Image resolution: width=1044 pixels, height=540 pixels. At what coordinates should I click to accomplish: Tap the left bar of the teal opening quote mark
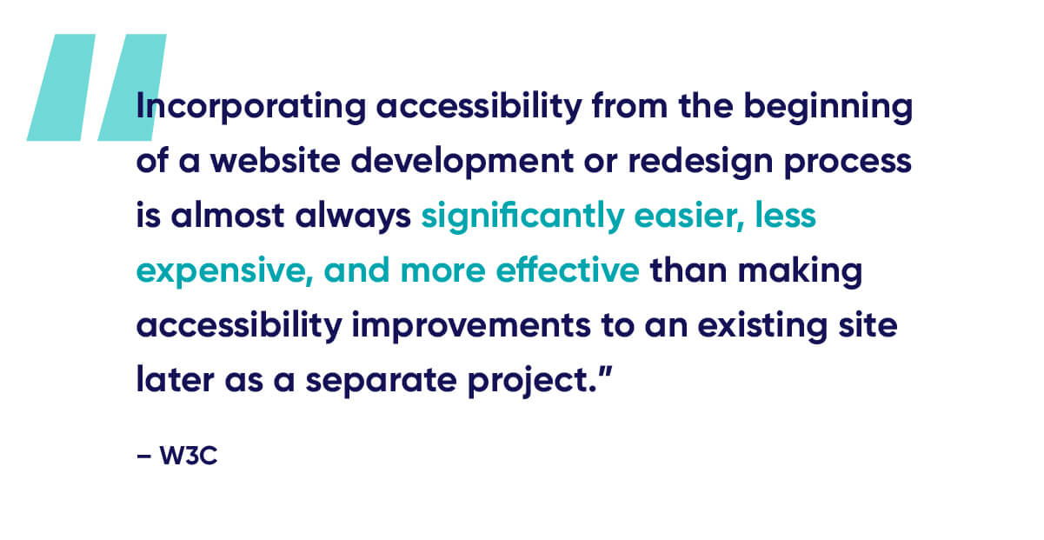click(x=61, y=87)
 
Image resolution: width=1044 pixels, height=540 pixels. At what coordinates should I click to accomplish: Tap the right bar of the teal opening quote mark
click(x=132, y=87)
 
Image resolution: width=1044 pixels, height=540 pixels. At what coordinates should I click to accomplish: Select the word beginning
click(x=828, y=107)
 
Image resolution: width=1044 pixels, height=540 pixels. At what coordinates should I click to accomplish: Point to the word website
click(x=275, y=161)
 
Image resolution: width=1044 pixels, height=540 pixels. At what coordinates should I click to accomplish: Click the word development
click(x=462, y=162)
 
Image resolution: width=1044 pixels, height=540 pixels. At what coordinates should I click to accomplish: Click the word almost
click(x=228, y=216)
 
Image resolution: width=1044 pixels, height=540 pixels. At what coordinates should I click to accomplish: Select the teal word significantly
click(x=522, y=217)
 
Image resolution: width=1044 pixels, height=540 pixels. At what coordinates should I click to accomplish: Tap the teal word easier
click(x=688, y=217)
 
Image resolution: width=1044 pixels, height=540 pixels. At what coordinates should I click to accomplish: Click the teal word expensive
click(x=224, y=271)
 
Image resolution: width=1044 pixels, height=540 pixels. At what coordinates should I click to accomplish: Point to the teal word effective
click(x=568, y=270)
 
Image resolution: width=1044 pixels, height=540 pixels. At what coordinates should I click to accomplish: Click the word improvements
click(x=471, y=326)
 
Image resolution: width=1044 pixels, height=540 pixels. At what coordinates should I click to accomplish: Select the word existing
click(x=762, y=326)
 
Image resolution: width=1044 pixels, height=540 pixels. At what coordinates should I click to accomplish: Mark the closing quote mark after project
click(x=605, y=372)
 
